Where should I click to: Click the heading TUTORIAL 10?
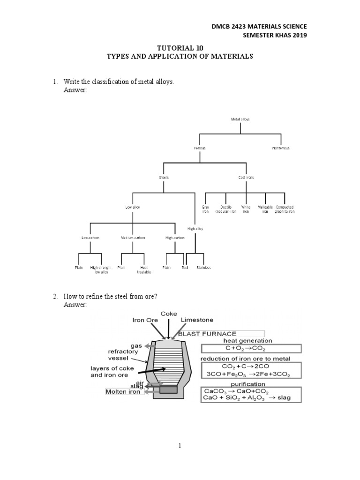click(x=180, y=47)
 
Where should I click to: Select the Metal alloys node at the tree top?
click(x=240, y=119)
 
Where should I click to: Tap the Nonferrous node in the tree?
click(x=281, y=148)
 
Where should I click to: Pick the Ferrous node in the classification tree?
click(x=200, y=148)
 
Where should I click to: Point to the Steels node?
click(x=164, y=178)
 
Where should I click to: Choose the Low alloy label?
click(x=133, y=207)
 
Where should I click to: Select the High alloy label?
click(x=195, y=229)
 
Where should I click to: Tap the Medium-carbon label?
click(x=133, y=238)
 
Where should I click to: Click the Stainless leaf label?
click(x=204, y=268)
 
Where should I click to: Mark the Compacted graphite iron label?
click(x=285, y=209)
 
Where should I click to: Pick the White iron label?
click(x=246, y=209)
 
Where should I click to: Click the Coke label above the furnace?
click(x=169, y=313)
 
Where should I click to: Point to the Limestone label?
click(x=197, y=320)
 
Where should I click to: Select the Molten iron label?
click(x=122, y=391)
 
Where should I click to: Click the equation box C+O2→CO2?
click(x=251, y=349)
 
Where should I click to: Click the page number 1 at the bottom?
click(x=180, y=447)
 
